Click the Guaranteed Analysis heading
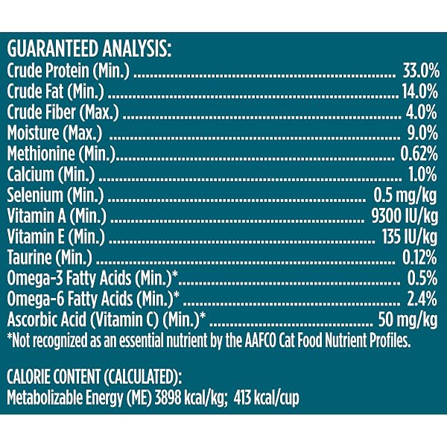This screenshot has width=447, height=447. [x=89, y=49]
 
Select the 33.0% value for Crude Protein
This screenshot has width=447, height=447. [x=421, y=71]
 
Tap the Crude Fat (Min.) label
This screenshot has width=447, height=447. [x=56, y=92]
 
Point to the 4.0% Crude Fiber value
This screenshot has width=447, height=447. [x=422, y=112]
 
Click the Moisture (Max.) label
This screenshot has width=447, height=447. [x=54, y=133]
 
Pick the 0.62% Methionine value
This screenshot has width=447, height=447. [x=419, y=153]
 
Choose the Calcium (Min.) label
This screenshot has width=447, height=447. [x=51, y=174]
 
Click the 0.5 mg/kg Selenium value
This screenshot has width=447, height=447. [x=405, y=196]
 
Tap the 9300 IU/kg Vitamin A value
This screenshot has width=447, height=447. [x=405, y=216]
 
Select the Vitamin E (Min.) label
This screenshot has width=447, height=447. [x=56, y=237]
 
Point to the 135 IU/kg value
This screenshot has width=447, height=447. [x=410, y=237]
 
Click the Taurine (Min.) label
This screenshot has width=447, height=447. [x=50, y=258]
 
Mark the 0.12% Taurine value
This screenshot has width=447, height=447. [x=419, y=257]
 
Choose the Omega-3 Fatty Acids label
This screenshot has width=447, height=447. [x=92, y=279]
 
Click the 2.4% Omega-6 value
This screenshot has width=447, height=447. [x=422, y=299]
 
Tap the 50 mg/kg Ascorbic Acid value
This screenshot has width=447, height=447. [x=408, y=320]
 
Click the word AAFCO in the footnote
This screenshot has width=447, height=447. [x=260, y=340]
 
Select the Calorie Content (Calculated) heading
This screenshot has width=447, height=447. [x=94, y=376]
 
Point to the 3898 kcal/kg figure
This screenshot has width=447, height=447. [x=190, y=398]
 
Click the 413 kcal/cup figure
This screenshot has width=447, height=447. [x=267, y=399]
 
